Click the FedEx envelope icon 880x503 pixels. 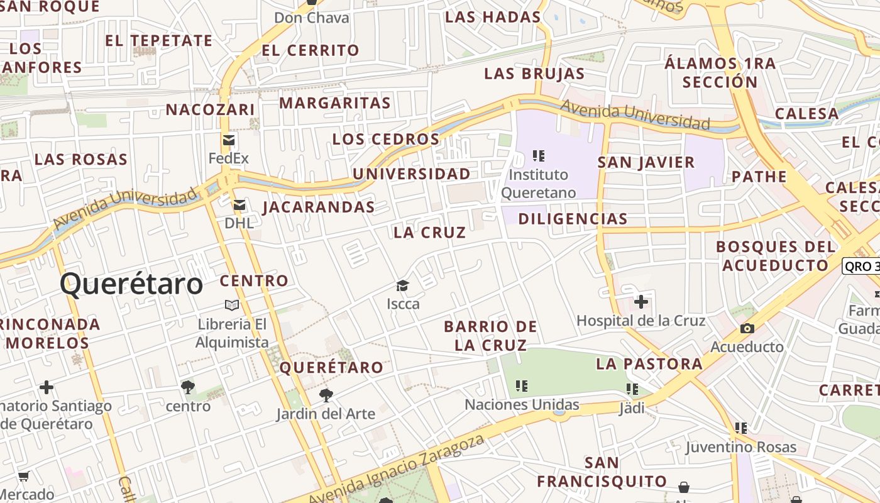229,140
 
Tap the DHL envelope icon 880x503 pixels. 239,205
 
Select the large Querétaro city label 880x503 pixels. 131,284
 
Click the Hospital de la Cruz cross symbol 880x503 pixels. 641,302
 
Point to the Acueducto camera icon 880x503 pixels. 747,328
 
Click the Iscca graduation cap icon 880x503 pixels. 403,286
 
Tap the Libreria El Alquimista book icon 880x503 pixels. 232,306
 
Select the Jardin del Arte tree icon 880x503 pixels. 326,395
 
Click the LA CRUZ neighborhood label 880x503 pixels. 430,233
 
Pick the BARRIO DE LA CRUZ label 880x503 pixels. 490,336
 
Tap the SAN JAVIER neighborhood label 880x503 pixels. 646,162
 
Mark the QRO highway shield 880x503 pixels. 861,266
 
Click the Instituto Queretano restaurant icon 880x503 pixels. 538,155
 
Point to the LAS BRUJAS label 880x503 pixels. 534,74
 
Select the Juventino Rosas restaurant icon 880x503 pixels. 741,428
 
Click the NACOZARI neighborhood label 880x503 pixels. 211,110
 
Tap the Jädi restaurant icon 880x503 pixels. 632,389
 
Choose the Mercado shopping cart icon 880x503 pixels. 23,476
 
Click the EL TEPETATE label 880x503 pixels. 159,41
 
